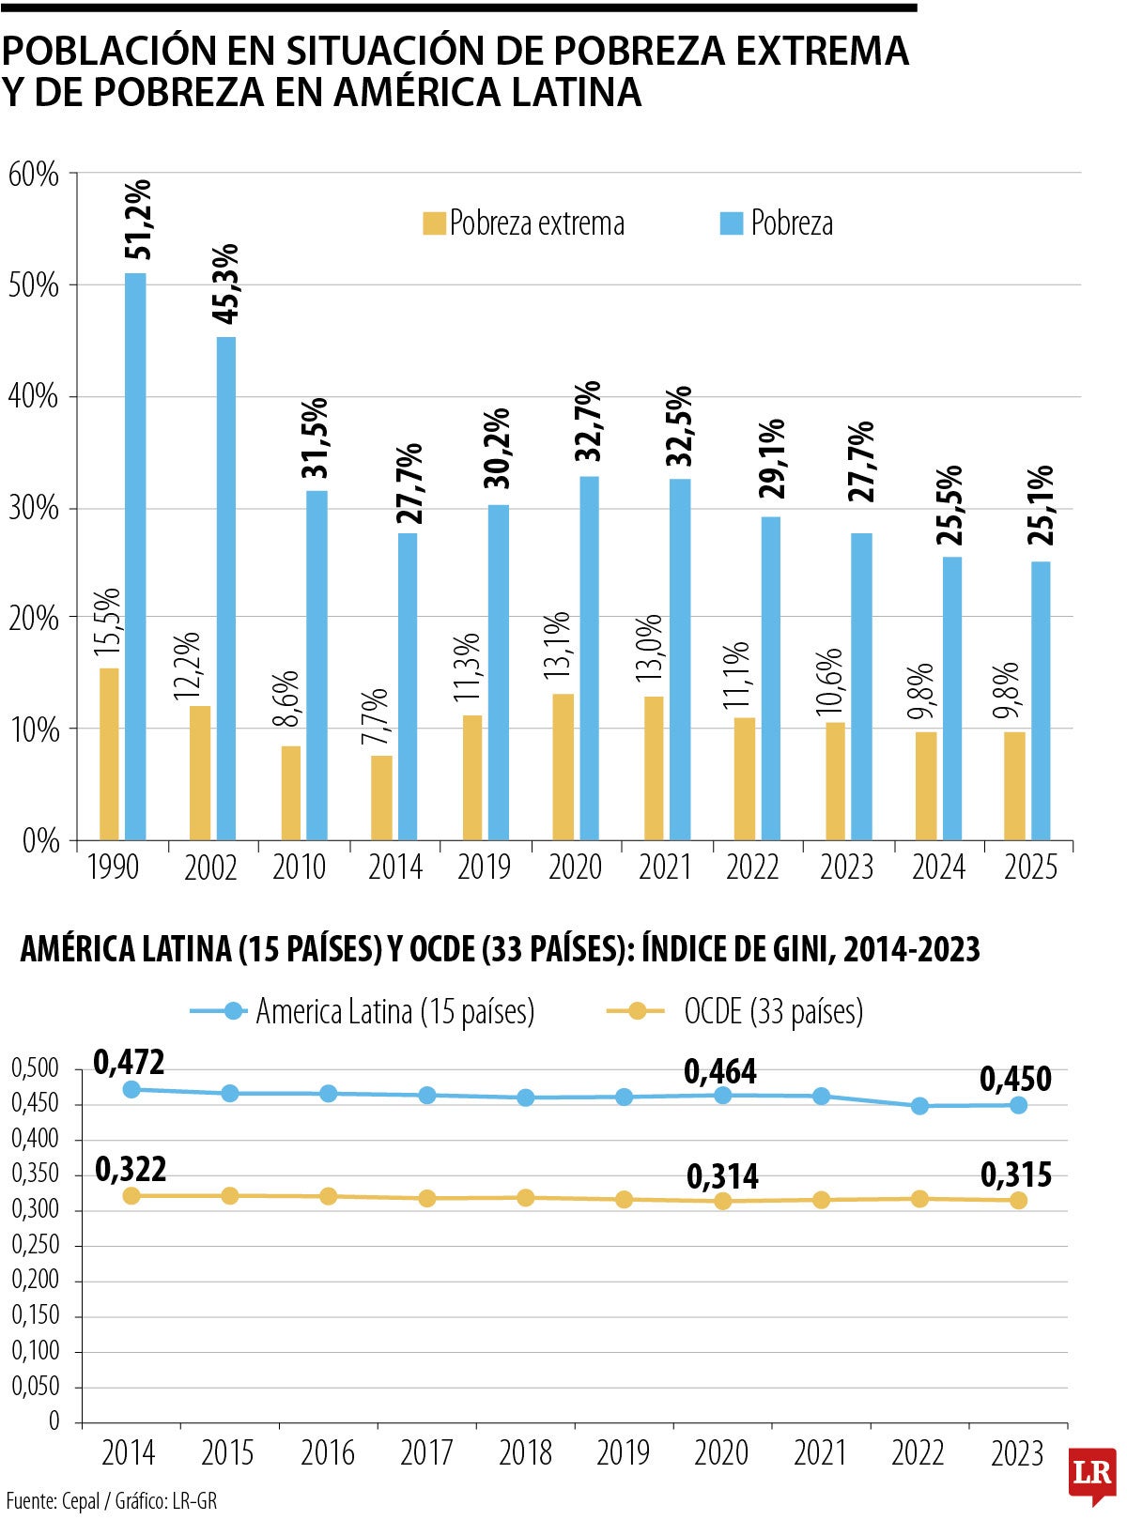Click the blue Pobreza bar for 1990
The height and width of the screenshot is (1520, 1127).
pos(135,556)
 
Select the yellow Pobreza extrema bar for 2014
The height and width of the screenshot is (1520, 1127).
pos(381,797)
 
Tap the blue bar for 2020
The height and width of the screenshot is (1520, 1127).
pos(589,657)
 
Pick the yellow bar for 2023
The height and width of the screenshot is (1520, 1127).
pos(835,780)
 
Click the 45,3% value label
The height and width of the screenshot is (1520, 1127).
pos(225,284)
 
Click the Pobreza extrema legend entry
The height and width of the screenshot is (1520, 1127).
pos(523,223)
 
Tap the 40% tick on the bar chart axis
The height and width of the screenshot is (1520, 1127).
pos(34,397)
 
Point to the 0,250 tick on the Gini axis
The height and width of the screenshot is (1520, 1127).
pos(35,1245)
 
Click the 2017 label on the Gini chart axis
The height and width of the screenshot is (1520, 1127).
pos(426,1453)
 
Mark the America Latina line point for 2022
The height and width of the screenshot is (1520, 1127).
pos(919,1106)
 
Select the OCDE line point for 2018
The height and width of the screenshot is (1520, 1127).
pos(526,1198)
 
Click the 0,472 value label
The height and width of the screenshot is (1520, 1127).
pos(130,1062)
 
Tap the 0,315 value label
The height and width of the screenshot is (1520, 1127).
pos(1016,1175)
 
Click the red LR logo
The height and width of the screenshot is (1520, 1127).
pos(1092,1471)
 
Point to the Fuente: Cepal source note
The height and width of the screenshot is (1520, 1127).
pos(111,1500)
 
